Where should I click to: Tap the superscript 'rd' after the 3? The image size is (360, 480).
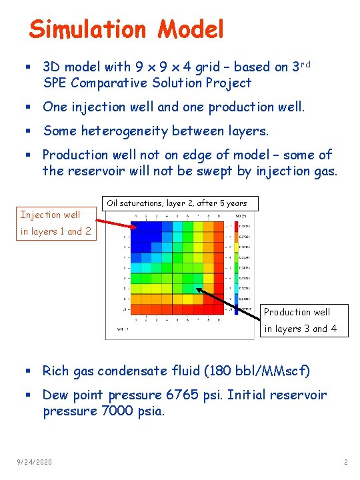306,65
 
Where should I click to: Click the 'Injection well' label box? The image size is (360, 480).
51,214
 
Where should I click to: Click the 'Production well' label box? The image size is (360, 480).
297,311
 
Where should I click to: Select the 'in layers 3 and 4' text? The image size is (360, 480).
301,329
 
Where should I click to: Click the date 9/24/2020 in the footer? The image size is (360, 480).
35,462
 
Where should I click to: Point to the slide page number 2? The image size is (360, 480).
345,462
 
